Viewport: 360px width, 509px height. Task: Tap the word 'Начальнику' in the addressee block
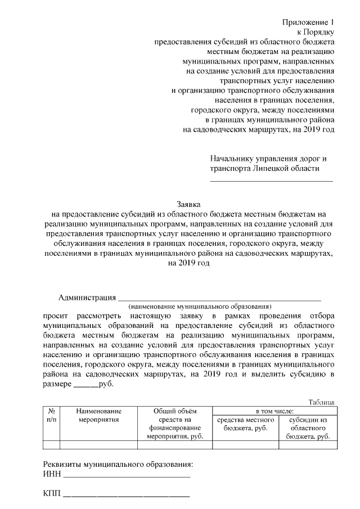[231, 159]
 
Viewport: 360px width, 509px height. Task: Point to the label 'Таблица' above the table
[322, 402]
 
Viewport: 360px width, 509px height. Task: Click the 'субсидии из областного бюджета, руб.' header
[308, 428]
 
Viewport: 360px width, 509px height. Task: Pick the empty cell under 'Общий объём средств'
[174, 445]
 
